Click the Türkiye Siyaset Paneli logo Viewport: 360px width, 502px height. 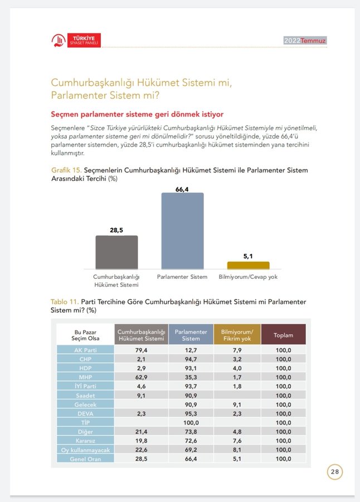click(x=76, y=40)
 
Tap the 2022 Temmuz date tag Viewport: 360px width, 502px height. click(x=305, y=41)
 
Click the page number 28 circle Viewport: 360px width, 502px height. click(x=334, y=471)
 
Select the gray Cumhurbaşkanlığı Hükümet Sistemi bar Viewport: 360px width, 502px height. click(x=116, y=253)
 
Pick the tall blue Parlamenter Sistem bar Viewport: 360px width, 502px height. click(x=182, y=231)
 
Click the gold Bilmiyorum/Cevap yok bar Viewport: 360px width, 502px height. click(x=248, y=266)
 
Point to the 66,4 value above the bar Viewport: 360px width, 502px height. click(x=182, y=189)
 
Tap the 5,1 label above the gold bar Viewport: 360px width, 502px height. click(x=248, y=257)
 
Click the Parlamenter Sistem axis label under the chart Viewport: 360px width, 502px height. click(x=182, y=277)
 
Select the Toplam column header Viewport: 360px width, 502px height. click(x=283, y=335)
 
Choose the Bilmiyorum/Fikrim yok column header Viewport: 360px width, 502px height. click(x=237, y=335)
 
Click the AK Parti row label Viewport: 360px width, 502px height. click(x=86, y=350)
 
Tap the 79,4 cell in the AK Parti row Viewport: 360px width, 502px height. click(x=141, y=350)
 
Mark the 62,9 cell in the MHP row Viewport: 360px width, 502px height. click(x=141, y=376)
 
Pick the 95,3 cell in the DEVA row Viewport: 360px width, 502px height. click(x=191, y=413)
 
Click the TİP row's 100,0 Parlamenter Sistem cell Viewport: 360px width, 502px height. click(x=191, y=422)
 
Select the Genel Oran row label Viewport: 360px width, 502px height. click(x=86, y=458)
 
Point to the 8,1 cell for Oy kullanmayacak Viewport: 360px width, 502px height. click(x=237, y=449)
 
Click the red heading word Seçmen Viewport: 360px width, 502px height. click(x=66, y=114)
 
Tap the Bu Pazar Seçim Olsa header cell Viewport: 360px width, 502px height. click(x=86, y=335)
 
